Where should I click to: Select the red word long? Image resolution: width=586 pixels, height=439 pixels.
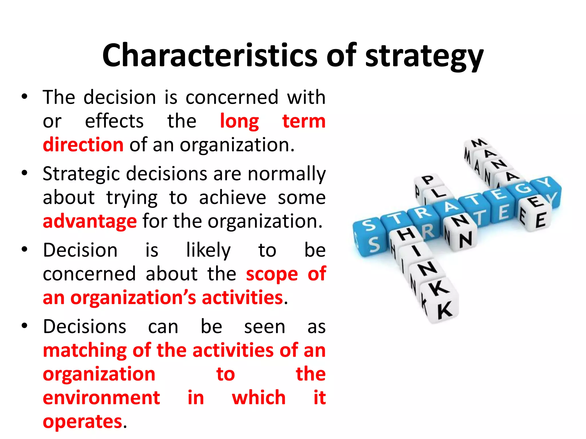[239, 121]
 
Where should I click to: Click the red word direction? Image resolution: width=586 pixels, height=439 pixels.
[83, 145]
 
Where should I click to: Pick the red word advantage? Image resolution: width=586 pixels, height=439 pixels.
[90, 221]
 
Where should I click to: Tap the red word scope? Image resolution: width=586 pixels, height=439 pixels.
[272, 274]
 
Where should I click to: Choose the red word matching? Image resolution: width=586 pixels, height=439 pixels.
[85, 350]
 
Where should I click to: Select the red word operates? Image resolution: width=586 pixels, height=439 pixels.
[82, 421]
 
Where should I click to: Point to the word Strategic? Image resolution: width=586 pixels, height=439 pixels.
[81, 174]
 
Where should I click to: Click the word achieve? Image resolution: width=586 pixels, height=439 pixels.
[232, 197]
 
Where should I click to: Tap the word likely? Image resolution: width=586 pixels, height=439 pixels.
[208, 250]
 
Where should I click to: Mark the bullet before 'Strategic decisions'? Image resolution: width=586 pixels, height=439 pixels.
[25, 173]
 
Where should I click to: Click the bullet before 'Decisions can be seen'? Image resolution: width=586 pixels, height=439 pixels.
[25, 326]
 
